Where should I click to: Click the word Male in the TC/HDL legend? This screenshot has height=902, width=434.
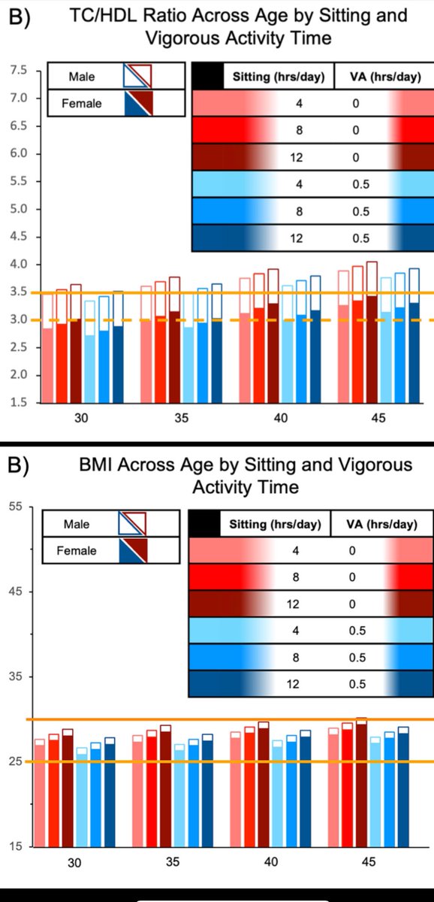pos(81,76)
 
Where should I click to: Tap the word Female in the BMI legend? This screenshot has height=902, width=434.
pos(77,551)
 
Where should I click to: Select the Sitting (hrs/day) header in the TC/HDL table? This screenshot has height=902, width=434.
pos(278,77)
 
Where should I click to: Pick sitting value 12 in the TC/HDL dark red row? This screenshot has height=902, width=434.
pos(299,157)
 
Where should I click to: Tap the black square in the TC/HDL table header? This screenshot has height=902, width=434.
pos(207,77)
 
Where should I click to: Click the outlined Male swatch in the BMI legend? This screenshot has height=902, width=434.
pos(132,523)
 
